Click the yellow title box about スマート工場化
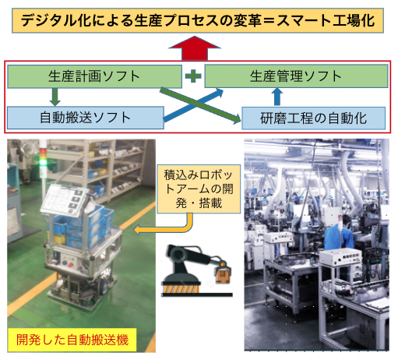coord(198,20)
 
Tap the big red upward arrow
coord(195,48)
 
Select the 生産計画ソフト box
coord(94,76)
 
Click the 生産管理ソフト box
coord(296,76)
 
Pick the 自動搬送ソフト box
coord(86,118)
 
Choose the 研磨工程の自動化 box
coord(313,118)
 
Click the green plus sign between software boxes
coord(193,76)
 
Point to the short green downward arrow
coord(55,97)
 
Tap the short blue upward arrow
coord(277,97)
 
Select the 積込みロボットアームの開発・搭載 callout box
coord(199,189)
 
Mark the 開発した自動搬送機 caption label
coord(72,340)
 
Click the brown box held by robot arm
coord(223,276)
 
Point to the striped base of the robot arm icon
coord(181,288)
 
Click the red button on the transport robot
coord(70,265)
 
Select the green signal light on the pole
coord(43,163)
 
